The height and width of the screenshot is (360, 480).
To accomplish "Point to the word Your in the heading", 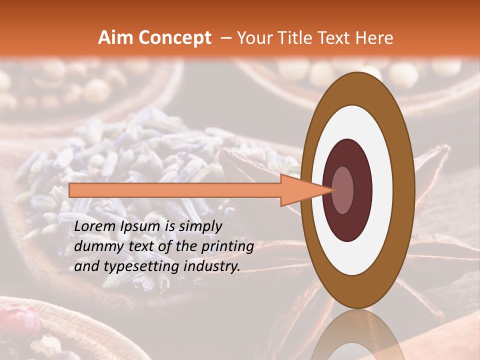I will click(253, 38).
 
